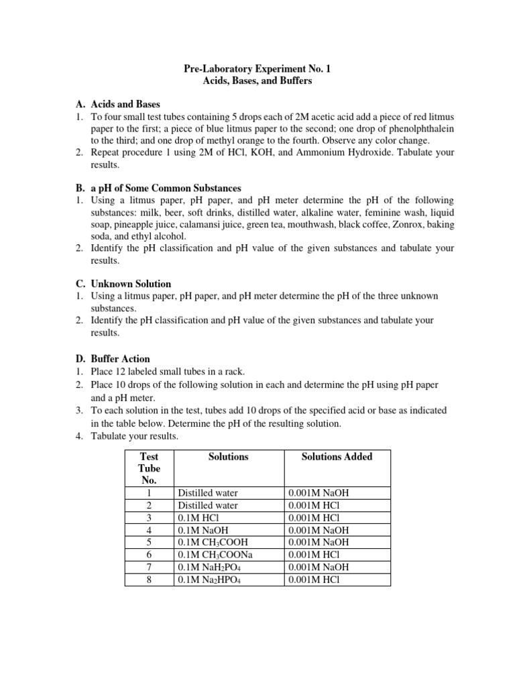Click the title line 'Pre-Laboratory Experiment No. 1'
(257, 68)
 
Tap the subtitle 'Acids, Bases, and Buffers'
(257, 81)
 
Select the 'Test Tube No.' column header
(149, 468)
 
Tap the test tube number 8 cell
(149, 579)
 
